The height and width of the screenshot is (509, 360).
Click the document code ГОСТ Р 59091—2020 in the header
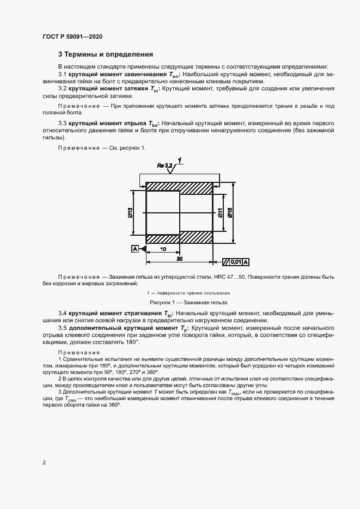(72, 36)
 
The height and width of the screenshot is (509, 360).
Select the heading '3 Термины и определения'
(106, 54)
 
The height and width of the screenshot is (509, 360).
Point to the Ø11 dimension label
(219, 213)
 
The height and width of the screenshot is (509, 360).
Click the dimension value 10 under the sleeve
(163, 248)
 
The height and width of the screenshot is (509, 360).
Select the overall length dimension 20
(179, 259)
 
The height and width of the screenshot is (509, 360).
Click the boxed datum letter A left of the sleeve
(135, 249)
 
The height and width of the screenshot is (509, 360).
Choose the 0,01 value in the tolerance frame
(235, 262)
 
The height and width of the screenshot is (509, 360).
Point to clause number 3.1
(62, 73)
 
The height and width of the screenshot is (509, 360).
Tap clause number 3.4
(62, 314)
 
